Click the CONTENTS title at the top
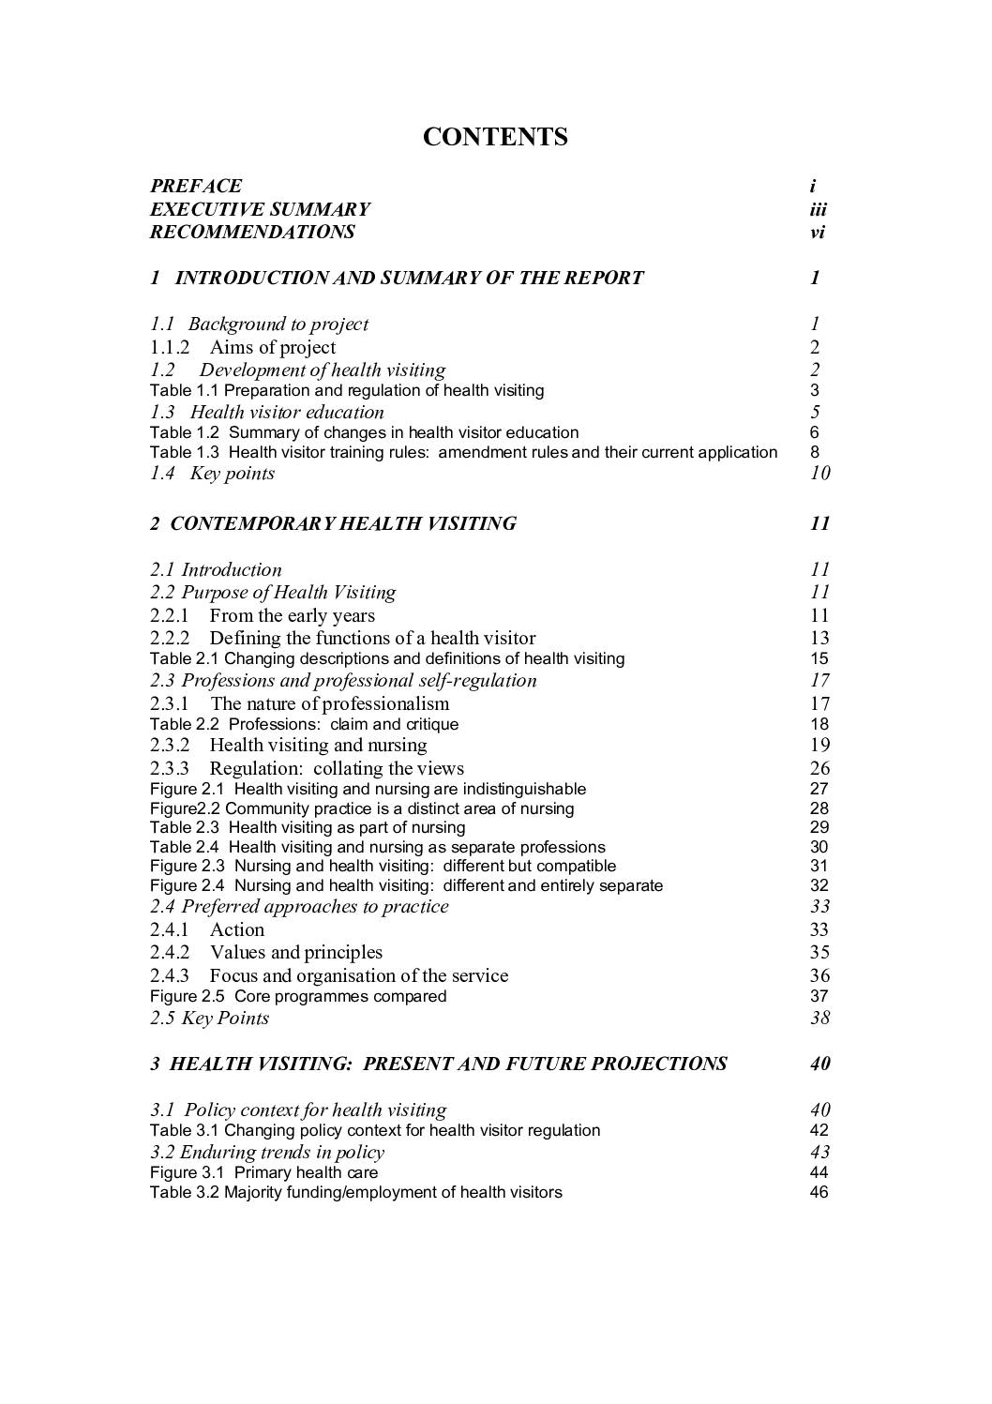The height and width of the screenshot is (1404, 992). [x=495, y=137]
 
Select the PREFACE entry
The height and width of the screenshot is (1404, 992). [x=196, y=186]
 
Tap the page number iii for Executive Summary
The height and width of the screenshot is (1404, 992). [x=818, y=209]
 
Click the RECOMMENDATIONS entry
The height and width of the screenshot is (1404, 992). [x=252, y=232]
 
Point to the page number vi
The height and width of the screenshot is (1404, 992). [x=817, y=232]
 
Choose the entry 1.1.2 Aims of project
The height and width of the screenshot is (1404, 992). [x=243, y=347]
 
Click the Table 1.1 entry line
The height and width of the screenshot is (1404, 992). [x=347, y=390]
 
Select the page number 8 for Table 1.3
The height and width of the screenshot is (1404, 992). [x=815, y=452]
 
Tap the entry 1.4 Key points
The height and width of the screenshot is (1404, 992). [x=213, y=473]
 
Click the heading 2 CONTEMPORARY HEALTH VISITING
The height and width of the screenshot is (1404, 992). [x=333, y=523]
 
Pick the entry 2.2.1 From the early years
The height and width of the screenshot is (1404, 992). [x=263, y=615]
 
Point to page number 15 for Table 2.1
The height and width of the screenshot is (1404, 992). [x=819, y=658]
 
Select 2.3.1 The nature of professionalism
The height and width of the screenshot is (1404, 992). [x=300, y=703]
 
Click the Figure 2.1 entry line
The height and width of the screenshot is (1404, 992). [x=368, y=789]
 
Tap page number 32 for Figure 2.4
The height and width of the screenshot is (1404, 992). [x=819, y=885]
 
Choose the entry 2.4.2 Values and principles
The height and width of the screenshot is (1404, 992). [x=266, y=952]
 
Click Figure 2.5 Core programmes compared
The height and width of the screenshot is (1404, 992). [x=298, y=996]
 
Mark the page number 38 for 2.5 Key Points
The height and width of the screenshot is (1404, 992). [x=819, y=1018]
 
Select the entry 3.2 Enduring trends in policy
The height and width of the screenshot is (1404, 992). [x=267, y=1152]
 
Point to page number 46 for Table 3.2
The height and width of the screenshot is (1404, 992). [x=819, y=1193]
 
